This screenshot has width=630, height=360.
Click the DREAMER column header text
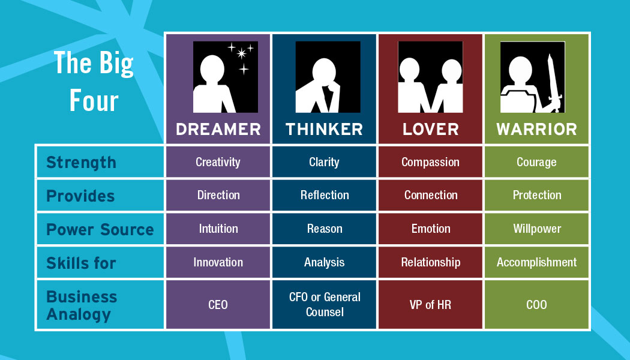click(218, 130)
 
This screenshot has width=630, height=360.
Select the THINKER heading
click(324, 130)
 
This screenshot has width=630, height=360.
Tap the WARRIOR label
click(536, 130)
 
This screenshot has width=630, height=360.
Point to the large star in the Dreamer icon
click(241, 53)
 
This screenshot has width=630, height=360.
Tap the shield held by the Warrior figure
click(517, 101)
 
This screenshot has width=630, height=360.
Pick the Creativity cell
click(218, 162)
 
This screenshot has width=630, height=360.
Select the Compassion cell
click(430, 162)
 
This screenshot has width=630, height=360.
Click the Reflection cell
click(324, 195)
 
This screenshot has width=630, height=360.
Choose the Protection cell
click(537, 195)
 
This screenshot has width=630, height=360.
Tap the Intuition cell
click(218, 229)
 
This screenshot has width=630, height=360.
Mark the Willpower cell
click(537, 229)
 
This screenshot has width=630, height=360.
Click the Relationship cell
click(430, 262)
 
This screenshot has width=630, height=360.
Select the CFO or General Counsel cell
click(324, 305)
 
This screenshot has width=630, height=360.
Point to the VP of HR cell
click(430, 305)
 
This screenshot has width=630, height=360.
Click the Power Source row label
click(100, 229)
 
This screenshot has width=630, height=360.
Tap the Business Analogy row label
click(82, 306)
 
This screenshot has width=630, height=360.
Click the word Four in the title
click(94, 100)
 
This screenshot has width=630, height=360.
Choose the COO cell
click(537, 305)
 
